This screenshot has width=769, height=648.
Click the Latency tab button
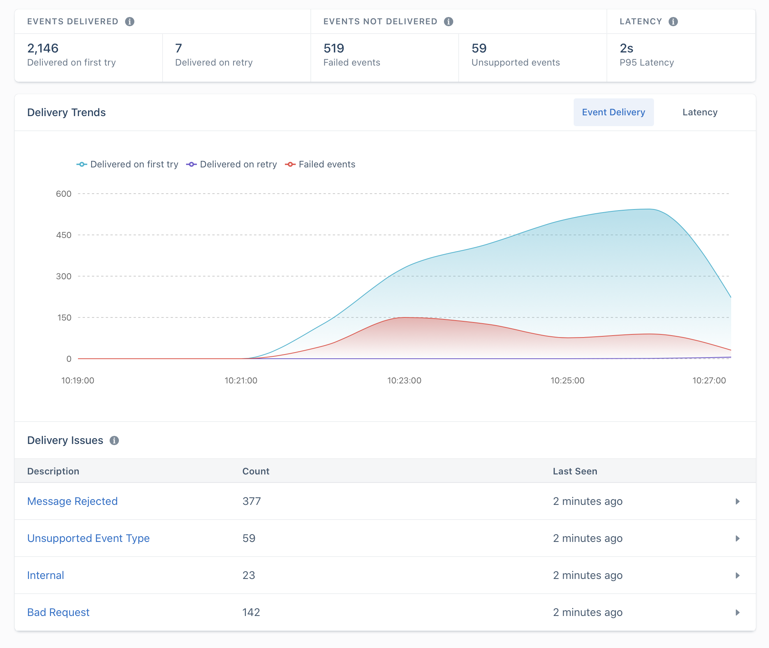[x=700, y=112]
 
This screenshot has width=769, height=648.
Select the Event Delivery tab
[x=613, y=112]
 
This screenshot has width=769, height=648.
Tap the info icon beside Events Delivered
[x=130, y=22]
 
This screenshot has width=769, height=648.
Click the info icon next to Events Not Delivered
[x=448, y=22]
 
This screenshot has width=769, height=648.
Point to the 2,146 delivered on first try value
[x=43, y=48]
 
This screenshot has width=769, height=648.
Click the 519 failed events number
[x=334, y=48]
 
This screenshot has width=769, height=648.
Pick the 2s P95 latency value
[x=626, y=48]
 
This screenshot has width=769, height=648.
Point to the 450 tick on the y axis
[x=64, y=235]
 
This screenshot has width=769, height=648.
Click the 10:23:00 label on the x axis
[x=404, y=380]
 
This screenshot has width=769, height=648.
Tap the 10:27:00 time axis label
[x=709, y=380]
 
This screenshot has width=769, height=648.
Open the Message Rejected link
[x=72, y=501]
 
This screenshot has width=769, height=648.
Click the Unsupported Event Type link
[x=88, y=538]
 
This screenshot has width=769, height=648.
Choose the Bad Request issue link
[x=58, y=612]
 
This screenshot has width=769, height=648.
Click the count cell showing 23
[x=249, y=575]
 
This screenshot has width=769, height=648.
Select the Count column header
[x=256, y=471]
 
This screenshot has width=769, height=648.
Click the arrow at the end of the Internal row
[x=737, y=575]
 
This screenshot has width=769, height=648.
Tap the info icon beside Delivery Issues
[x=114, y=440]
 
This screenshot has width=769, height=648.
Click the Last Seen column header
[x=575, y=471]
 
